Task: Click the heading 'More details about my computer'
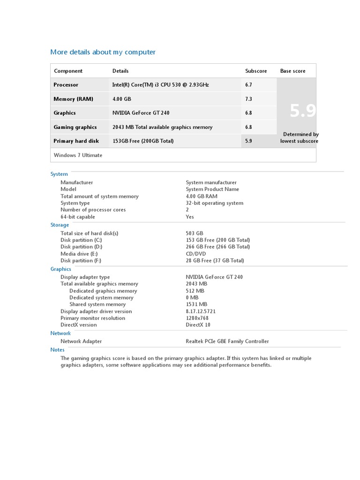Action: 103,52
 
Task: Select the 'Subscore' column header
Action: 256,71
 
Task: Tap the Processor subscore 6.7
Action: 248,85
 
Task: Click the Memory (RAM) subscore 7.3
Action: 248,99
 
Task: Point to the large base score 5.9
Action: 302,111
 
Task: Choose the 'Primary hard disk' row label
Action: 76,141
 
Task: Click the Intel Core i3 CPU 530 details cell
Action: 160,85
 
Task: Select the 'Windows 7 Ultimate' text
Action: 78,155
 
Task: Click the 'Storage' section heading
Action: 60,225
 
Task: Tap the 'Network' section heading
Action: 60,333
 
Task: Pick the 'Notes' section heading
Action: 57,350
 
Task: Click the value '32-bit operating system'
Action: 214,203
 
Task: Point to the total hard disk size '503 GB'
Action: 195,233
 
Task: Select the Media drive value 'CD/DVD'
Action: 195,254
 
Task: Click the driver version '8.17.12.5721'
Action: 201,311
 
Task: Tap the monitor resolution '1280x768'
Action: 197,318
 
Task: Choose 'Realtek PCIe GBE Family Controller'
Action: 227,341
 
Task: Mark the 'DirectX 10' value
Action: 198,325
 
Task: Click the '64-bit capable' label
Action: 78,217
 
